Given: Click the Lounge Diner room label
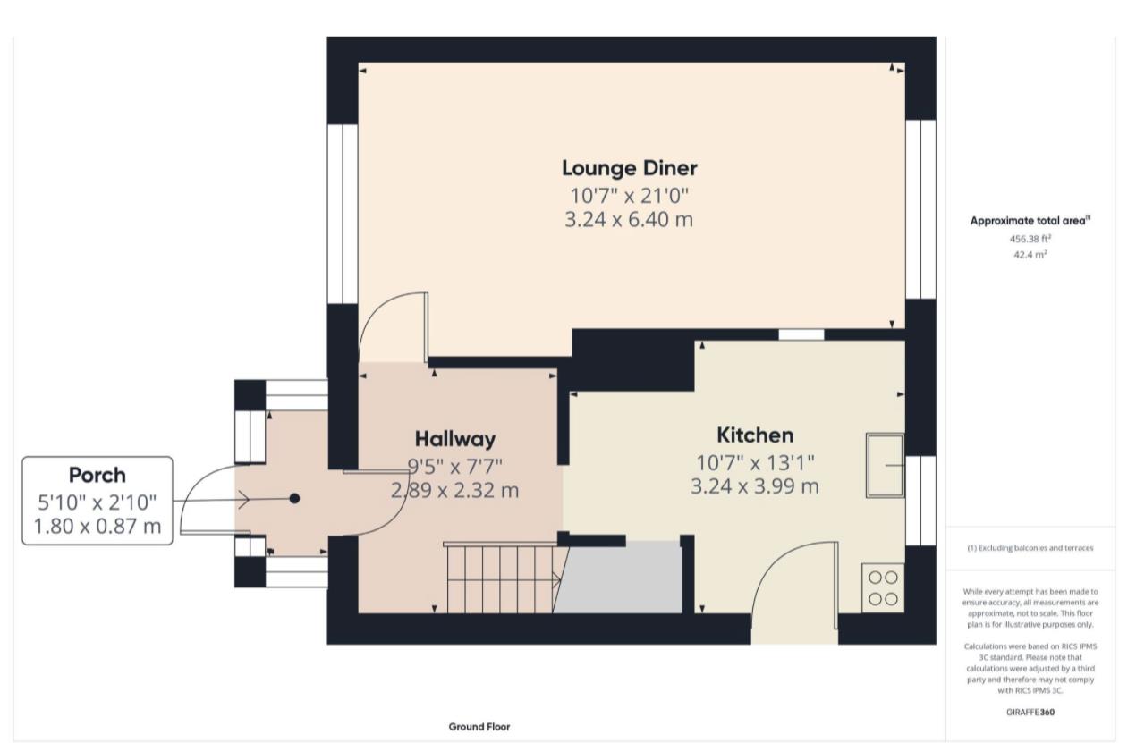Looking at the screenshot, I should [629, 168].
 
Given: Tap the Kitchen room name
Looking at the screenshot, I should [755, 435].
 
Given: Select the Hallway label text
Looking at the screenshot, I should [454, 439].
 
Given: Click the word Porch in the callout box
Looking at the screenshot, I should [97, 475].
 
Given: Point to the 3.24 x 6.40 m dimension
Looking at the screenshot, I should [629, 220].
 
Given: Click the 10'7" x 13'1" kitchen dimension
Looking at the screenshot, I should [755, 462].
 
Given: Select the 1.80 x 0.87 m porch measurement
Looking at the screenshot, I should [97, 527].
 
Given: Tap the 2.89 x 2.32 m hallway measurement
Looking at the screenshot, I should [454, 490].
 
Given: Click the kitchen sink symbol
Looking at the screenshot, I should [885, 465].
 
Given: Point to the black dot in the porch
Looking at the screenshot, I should [294, 499].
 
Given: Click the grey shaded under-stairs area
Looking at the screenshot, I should [619, 578].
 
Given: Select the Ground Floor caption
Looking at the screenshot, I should [479, 727].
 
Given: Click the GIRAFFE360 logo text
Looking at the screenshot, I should [1030, 713].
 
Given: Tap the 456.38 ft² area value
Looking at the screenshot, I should [1030, 239].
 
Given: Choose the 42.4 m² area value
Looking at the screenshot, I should [1030, 254].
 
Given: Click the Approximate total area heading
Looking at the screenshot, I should [1030, 221].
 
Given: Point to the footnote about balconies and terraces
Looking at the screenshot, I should [1030, 548].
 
